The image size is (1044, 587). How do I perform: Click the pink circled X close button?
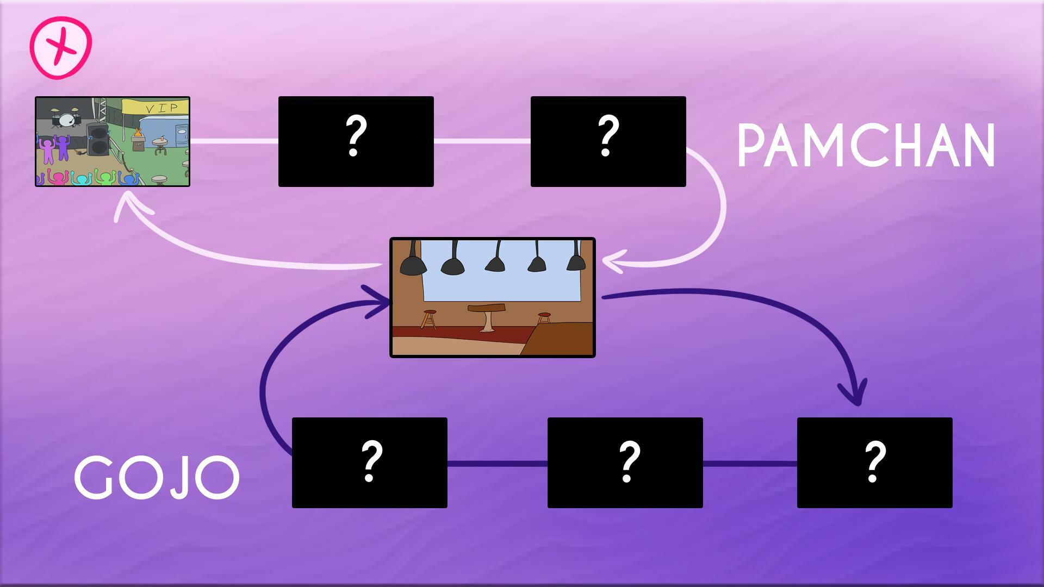[x=60, y=48]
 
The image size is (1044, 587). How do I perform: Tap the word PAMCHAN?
[x=866, y=145]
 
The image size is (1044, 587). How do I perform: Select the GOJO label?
[x=157, y=478]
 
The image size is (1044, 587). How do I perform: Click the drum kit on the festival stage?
[x=65, y=118]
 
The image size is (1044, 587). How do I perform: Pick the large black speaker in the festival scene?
[x=98, y=140]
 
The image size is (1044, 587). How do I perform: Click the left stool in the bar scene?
[x=429, y=319]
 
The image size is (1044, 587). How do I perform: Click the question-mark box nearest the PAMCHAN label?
[x=608, y=141]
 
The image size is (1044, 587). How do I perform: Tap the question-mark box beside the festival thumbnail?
[x=356, y=141]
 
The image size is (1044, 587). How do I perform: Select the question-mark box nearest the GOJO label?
[x=369, y=463]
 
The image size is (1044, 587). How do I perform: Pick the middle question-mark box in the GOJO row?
[x=625, y=463]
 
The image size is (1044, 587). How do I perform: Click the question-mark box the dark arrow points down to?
[x=874, y=463]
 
